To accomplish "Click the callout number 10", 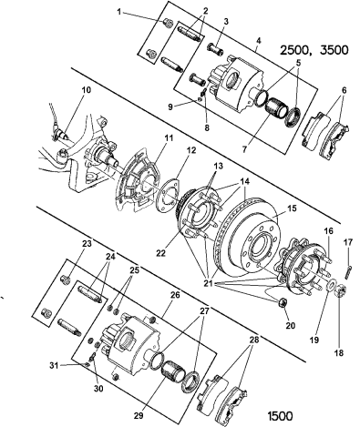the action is click(87, 90).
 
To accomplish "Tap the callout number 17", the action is click(348, 242).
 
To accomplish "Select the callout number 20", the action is click(291, 326).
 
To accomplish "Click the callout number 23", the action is click(87, 243).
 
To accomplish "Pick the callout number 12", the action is click(191, 150).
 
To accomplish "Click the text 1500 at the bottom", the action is click(280, 416).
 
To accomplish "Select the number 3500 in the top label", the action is click(334, 50).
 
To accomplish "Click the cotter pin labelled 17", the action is click(348, 271).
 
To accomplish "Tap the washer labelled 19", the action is click(332, 285).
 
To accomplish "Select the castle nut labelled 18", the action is click(342, 291).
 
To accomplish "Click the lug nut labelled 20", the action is click(283, 302).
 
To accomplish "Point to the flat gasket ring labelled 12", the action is click(168, 195).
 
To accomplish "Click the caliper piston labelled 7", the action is click(274, 109).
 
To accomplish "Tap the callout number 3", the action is click(226, 22).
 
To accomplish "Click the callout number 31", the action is click(55, 366).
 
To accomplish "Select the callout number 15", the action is click(292, 208).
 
